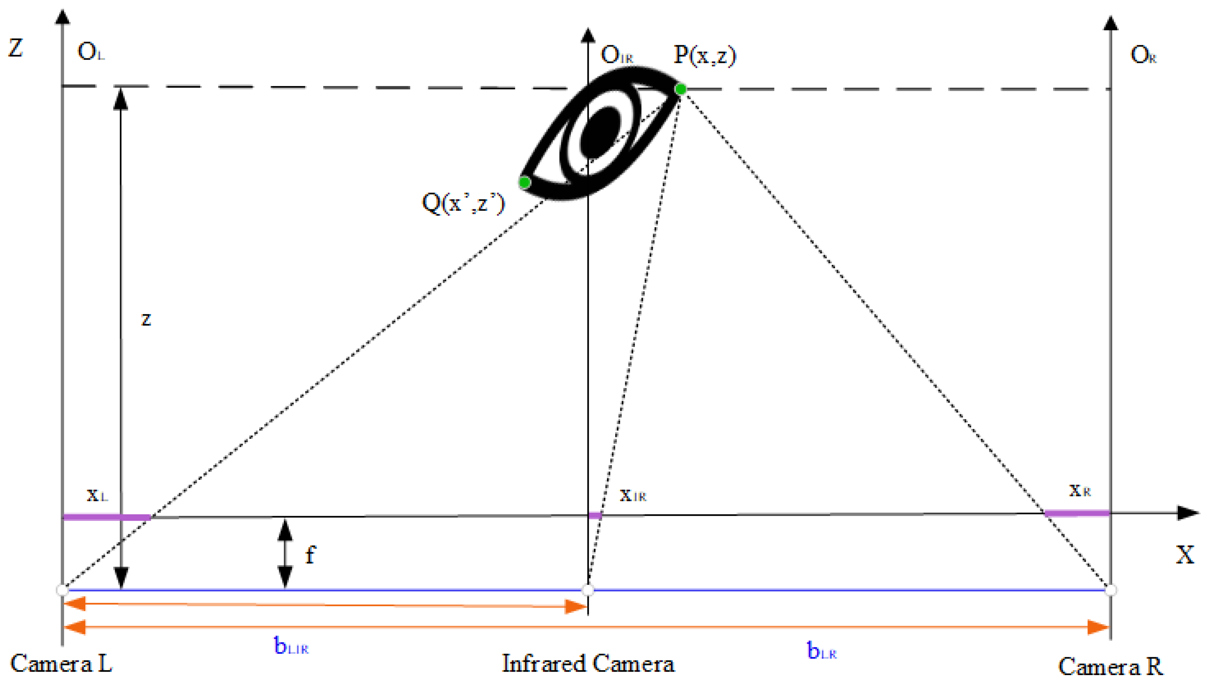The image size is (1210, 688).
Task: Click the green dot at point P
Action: click(x=680, y=89)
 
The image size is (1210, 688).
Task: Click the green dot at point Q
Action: click(x=524, y=182)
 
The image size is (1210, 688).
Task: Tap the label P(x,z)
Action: click(x=704, y=55)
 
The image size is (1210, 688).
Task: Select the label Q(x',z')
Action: click(x=463, y=203)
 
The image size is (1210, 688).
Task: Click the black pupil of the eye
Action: click(x=599, y=132)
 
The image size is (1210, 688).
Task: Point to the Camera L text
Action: click(x=61, y=663)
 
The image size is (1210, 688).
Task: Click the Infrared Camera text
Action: click(x=588, y=663)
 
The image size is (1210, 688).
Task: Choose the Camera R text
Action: click(x=1110, y=666)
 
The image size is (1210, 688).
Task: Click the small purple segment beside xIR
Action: click(x=595, y=515)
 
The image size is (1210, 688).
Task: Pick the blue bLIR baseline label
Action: click(x=291, y=646)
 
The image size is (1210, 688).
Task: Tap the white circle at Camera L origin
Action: click(x=62, y=590)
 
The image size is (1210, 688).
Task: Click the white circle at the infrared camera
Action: click(x=588, y=590)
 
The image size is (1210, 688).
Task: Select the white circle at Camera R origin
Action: click(x=1111, y=590)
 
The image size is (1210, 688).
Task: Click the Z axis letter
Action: click(x=16, y=48)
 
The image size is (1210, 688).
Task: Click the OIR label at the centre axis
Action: click(x=616, y=55)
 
